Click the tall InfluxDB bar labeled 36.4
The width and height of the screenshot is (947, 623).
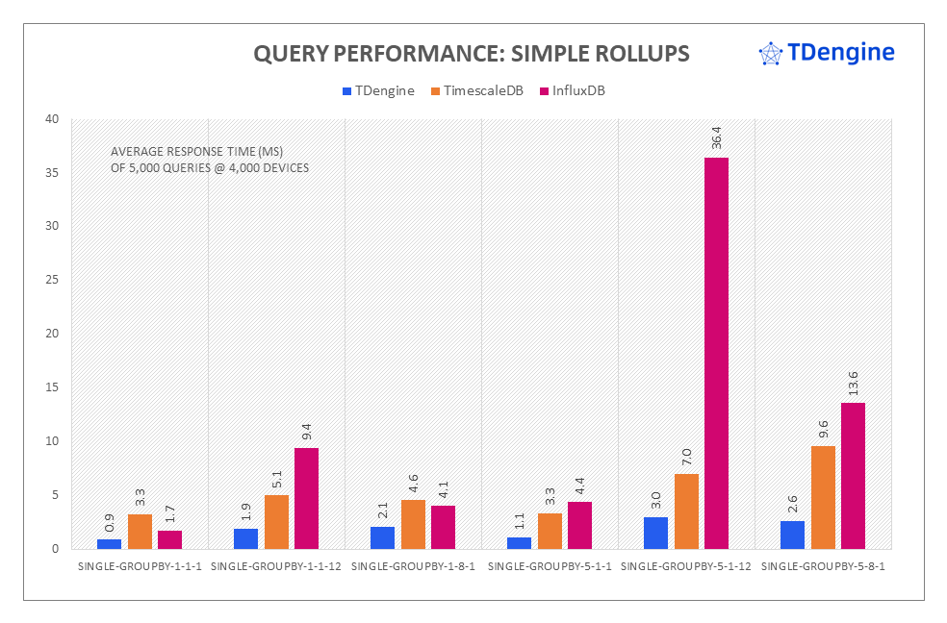click(x=716, y=353)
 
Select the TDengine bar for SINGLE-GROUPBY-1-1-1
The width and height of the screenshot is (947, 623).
click(x=109, y=544)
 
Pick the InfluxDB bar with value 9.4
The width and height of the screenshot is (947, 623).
click(x=306, y=498)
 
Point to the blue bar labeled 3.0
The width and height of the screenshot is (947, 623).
click(x=656, y=533)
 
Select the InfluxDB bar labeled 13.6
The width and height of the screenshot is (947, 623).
click(x=853, y=476)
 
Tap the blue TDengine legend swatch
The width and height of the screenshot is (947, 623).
click(x=346, y=91)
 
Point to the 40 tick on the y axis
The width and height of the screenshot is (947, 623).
click(x=50, y=119)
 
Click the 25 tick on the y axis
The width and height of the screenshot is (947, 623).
click(x=50, y=280)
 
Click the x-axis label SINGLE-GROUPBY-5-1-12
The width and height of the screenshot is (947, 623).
click(x=686, y=567)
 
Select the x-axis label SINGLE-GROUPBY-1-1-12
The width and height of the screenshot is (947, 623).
click(x=276, y=567)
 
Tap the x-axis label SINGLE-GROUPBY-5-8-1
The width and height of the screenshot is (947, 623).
click(x=823, y=567)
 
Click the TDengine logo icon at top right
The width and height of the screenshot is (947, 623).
click(x=770, y=53)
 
